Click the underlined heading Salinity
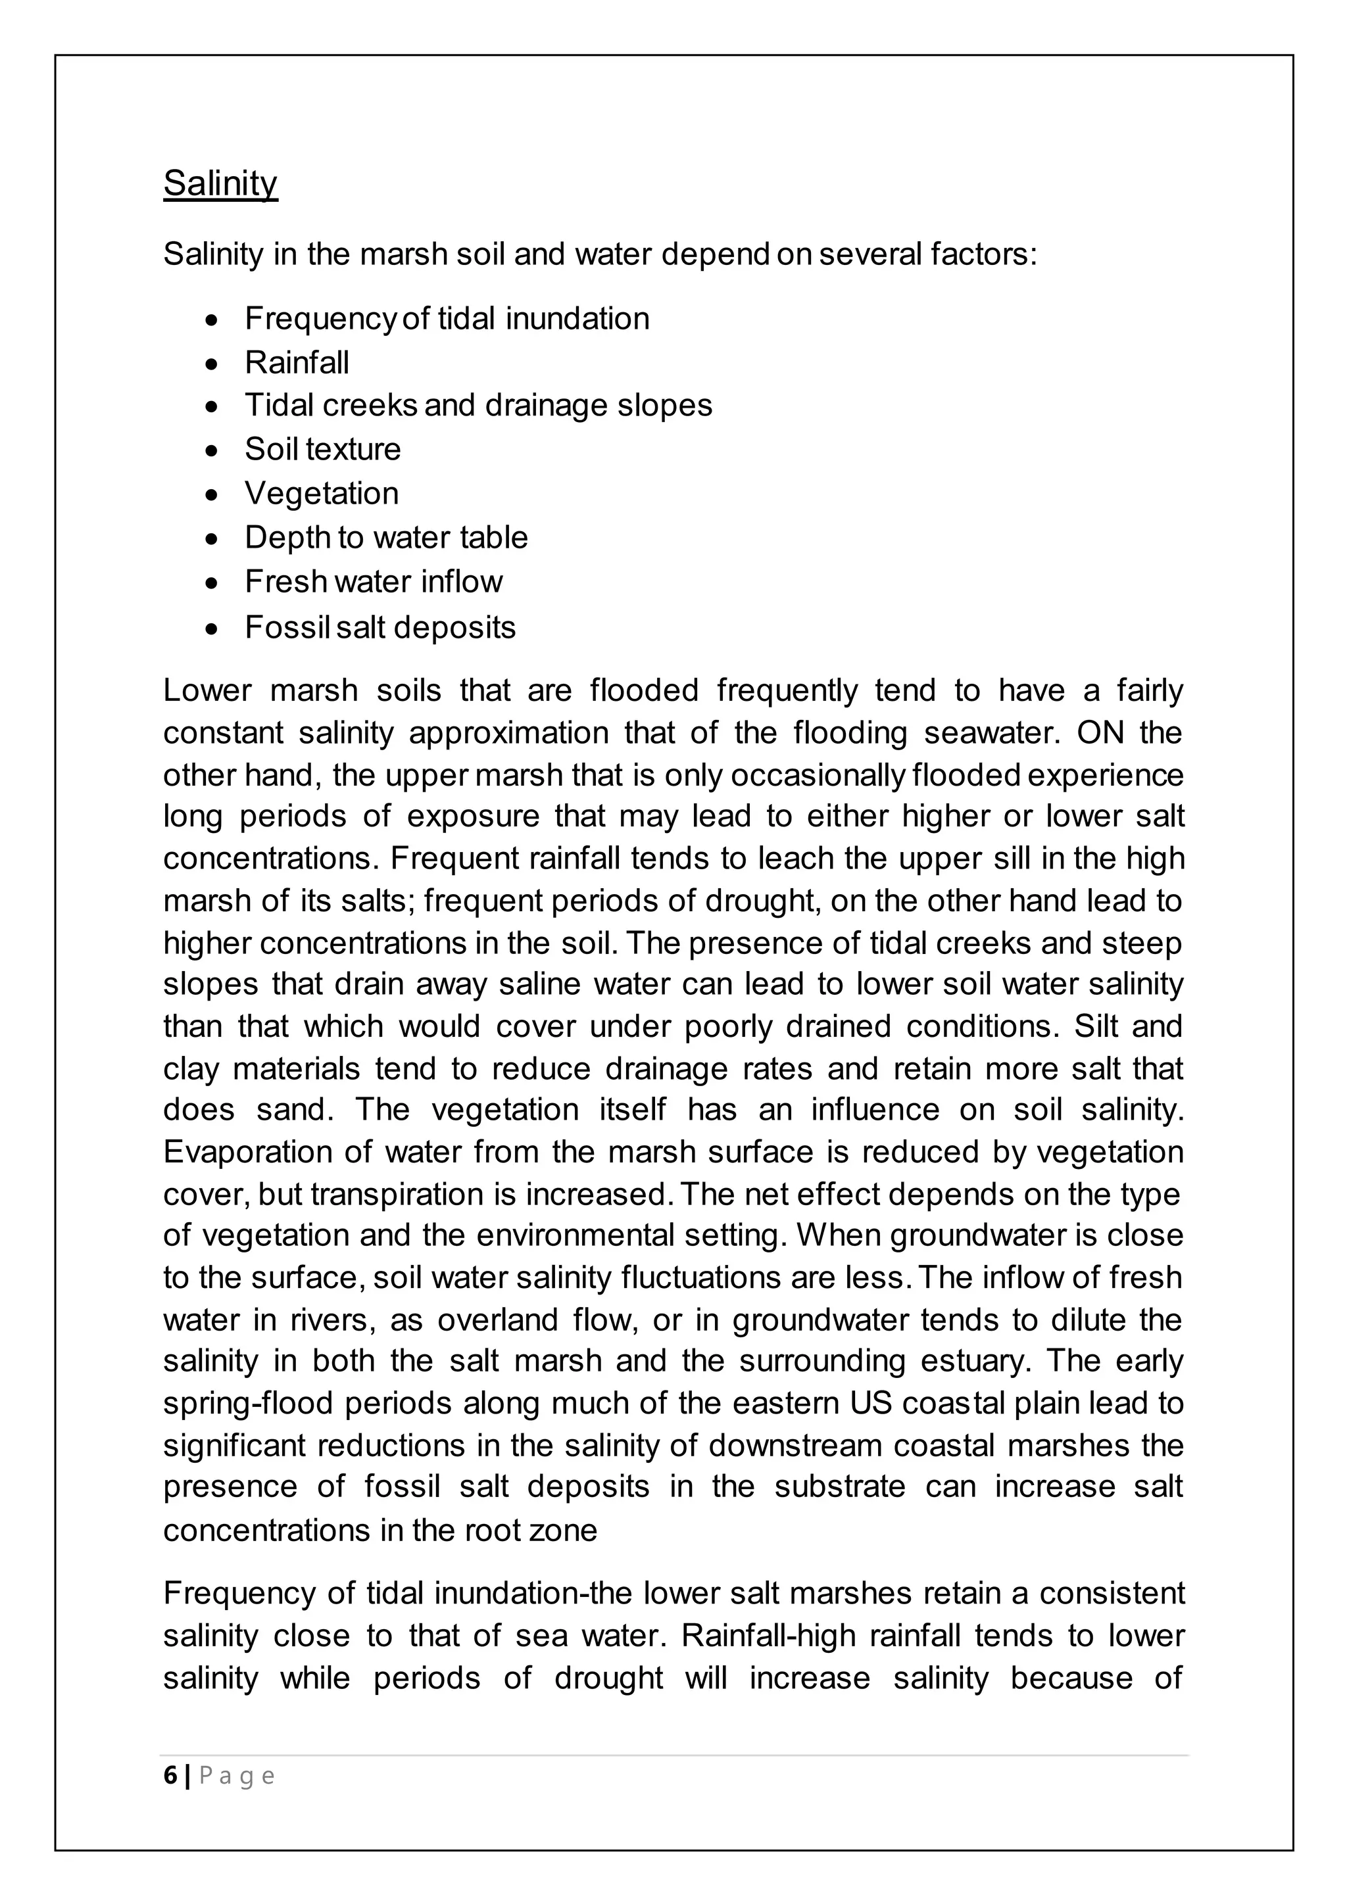220,183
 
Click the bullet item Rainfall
297,362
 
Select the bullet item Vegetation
322,493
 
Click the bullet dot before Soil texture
214,450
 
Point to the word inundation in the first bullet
577,318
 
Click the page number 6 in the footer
170,1776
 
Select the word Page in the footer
236,1776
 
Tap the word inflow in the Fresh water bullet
461,581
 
